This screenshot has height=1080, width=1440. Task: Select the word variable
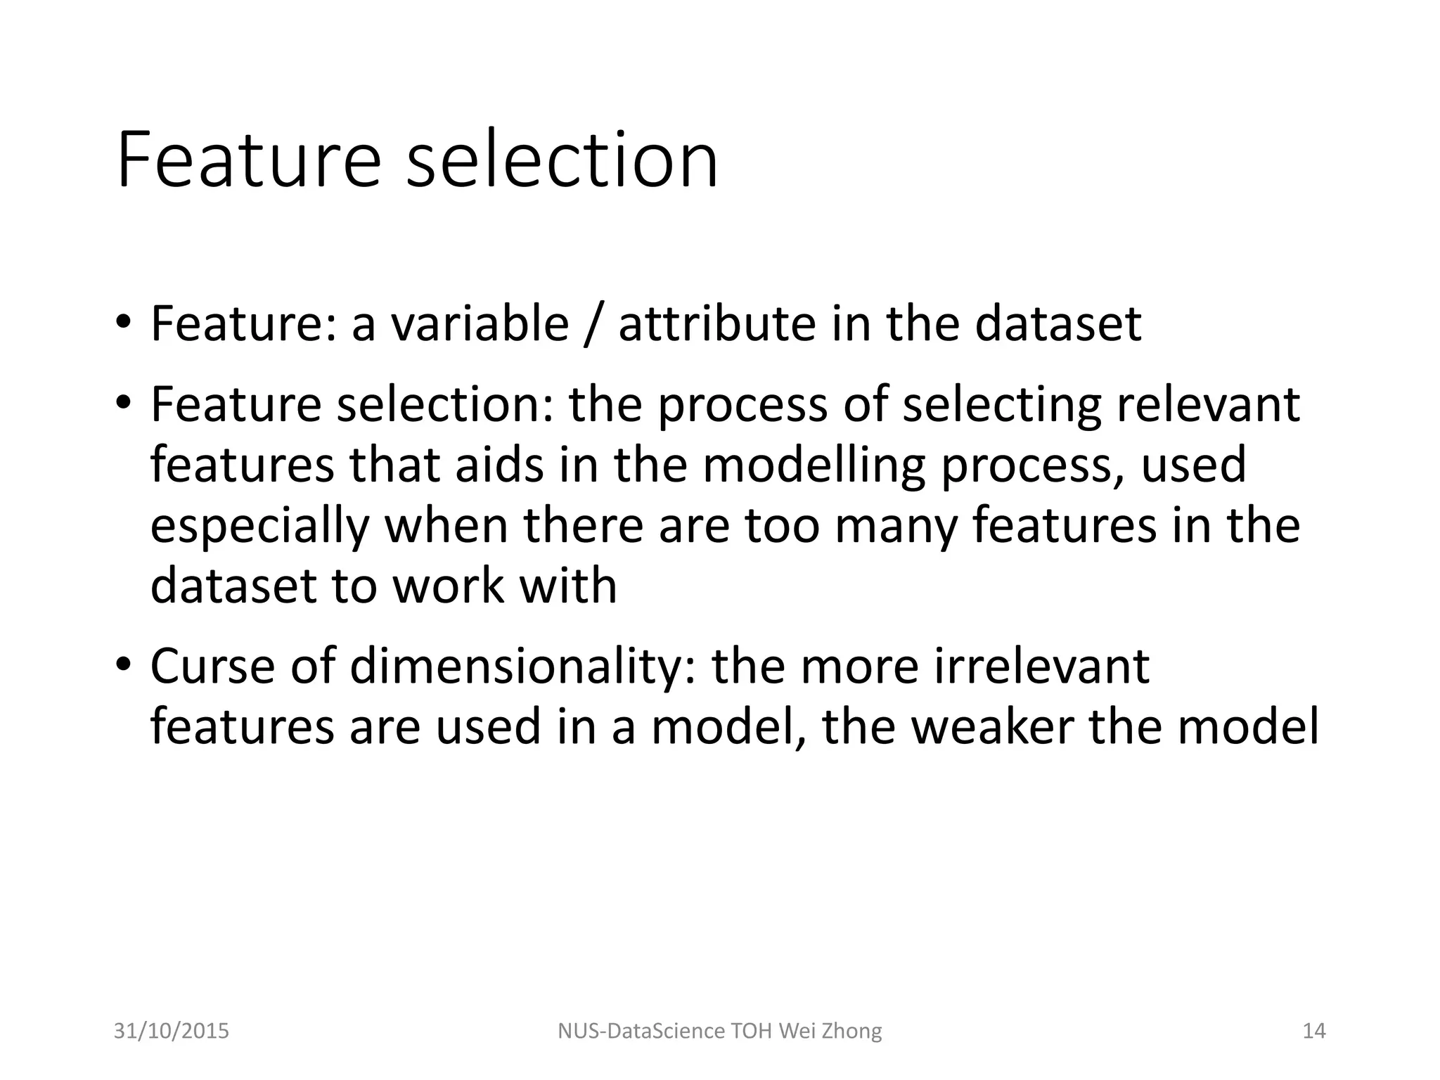tap(480, 324)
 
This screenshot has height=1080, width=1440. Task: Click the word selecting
tap(1001, 406)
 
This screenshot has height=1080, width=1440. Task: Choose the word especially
tap(259, 527)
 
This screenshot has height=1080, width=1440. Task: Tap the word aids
tap(499, 465)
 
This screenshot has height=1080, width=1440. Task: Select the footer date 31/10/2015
tap(172, 1031)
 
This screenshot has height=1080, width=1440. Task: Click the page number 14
tap(1314, 1031)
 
